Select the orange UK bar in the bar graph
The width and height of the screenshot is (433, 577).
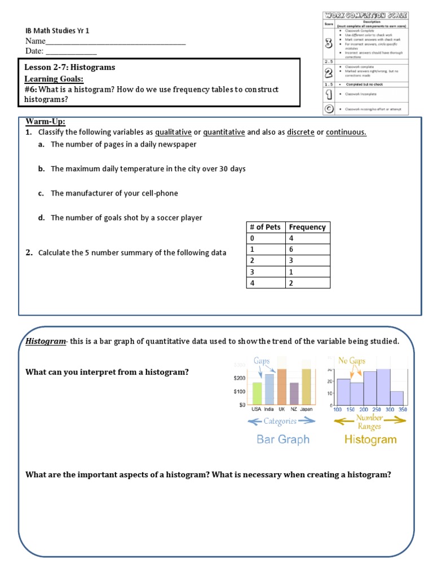pyautogui.click(x=281, y=387)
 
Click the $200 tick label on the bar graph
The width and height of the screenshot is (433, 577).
pyautogui.click(x=240, y=378)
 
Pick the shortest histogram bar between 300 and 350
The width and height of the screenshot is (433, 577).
pyautogui.click(x=397, y=398)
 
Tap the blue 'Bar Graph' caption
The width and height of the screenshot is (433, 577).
pyautogui.click(x=283, y=440)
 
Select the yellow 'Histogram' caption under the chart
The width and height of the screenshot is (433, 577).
pyautogui.click(x=370, y=440)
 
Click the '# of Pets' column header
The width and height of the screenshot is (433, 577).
pyautogui.click(x=265, y=227)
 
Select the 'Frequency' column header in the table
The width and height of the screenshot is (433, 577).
pyautogui.click(x=307, y=227)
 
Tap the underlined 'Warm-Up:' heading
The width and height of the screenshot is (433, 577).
pyautogui.click(x=46, y=122)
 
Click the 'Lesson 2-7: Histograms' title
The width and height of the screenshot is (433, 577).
pyautogui.click(x=70, y=67)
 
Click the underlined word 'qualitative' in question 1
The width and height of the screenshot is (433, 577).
pyautogui.click(x=173, y=132)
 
